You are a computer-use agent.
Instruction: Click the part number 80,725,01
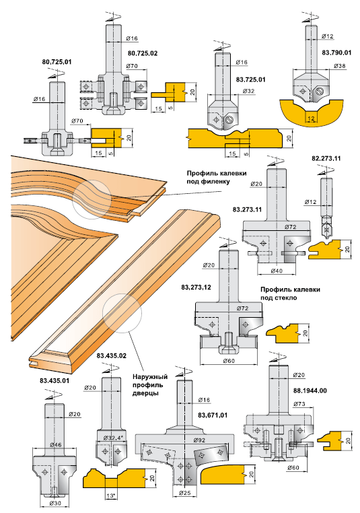57,61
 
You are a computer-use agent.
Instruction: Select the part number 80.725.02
142,53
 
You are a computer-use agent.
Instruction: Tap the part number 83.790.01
336,53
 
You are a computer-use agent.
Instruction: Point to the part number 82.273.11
326,158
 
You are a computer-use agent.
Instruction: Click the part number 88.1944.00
312,390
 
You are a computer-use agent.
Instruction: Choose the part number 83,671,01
213,415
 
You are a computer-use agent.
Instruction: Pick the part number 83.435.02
111,355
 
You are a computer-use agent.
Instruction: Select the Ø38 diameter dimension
340,66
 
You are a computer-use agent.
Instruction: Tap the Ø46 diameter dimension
55,444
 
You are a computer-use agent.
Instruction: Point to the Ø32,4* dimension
113,438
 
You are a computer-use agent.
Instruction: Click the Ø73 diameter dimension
299,404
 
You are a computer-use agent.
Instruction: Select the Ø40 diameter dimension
277,270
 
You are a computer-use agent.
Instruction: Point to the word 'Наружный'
150,377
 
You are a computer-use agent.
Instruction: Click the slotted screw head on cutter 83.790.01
320,91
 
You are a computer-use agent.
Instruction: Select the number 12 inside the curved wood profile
311,118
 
